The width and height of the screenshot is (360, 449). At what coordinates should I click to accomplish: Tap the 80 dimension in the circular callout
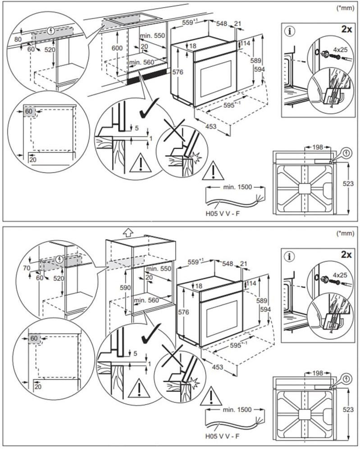[x=18, y=39]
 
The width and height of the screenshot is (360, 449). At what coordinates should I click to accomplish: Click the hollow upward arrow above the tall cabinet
[x=128, y=232]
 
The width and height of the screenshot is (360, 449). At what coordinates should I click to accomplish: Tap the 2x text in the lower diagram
[x=346, y=255]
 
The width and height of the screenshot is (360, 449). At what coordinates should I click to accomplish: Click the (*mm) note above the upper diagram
[x=346, y=8]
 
